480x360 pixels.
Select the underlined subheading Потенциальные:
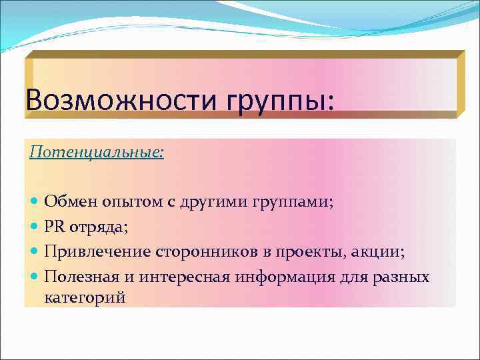[97, 153]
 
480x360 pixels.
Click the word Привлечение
[97, 252]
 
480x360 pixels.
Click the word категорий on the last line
[85, 297]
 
